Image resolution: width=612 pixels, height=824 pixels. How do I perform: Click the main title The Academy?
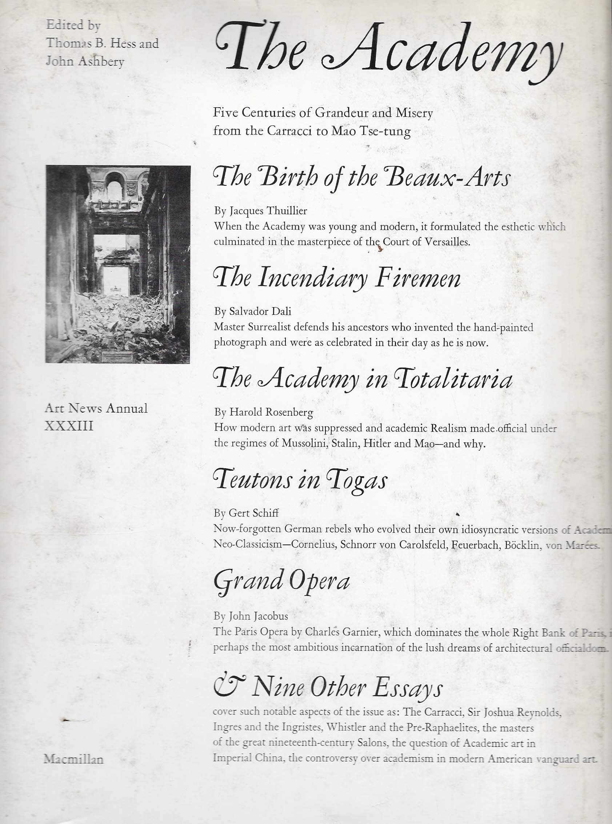387,52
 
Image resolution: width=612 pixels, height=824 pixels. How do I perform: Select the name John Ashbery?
85,61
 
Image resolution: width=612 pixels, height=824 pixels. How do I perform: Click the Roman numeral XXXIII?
69,426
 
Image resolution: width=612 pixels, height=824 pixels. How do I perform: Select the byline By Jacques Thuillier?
260,211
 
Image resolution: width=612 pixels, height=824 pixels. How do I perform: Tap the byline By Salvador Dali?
253,311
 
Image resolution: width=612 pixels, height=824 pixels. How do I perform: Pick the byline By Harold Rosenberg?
263,412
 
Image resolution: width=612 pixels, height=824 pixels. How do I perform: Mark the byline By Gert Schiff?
246,513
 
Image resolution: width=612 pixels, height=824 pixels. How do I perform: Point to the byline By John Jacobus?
251,616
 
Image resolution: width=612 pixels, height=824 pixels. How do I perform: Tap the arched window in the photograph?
114,187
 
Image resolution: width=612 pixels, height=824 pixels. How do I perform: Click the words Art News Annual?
96,409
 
